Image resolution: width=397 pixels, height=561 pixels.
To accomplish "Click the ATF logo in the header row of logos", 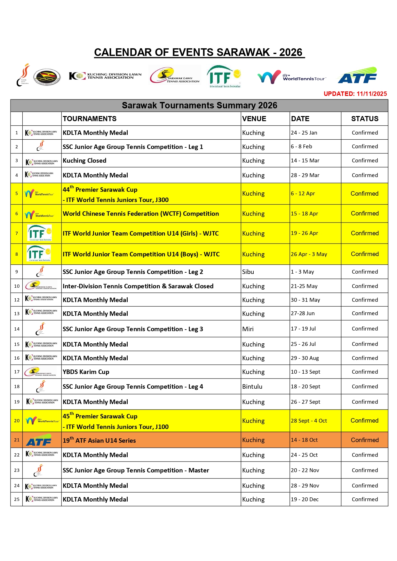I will pos(357,75).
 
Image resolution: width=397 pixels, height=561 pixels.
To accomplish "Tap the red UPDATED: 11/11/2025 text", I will pos(355,94).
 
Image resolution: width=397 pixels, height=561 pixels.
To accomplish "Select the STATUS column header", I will pos(364,119).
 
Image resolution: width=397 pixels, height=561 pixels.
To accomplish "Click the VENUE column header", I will pos(254,119).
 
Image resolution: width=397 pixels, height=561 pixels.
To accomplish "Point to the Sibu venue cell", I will pos(248,272).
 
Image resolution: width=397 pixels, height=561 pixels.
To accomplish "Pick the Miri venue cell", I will pos(248,329).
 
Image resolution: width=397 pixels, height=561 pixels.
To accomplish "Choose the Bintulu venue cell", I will pos(252,386).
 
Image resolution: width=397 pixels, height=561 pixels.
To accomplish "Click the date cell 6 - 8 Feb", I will pos(301,146).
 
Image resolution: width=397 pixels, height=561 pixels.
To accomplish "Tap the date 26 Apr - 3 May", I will pos(309,254).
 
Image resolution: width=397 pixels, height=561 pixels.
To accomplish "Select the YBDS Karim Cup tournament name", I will pos(86,372).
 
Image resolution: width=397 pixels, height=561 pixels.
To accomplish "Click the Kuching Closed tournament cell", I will pos(84,160).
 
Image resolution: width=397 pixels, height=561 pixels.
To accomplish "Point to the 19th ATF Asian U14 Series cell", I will pos(99,440).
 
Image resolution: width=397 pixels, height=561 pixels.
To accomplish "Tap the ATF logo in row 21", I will pos(39,440).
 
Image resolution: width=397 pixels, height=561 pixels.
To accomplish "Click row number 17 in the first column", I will pos(17,372).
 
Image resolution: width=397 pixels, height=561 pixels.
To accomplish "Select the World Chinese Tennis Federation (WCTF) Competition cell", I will pos(141,214).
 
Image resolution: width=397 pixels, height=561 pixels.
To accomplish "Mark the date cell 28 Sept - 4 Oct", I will pos(309,421).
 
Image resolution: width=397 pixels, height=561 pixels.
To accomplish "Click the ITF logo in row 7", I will pos(39,233).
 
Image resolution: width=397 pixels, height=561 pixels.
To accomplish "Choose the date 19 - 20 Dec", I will pos(305,499).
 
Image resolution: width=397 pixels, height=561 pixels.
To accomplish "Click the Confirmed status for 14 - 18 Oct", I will pos(364,440).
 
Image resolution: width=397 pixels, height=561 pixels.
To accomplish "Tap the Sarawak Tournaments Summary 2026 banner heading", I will pos(199,105).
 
